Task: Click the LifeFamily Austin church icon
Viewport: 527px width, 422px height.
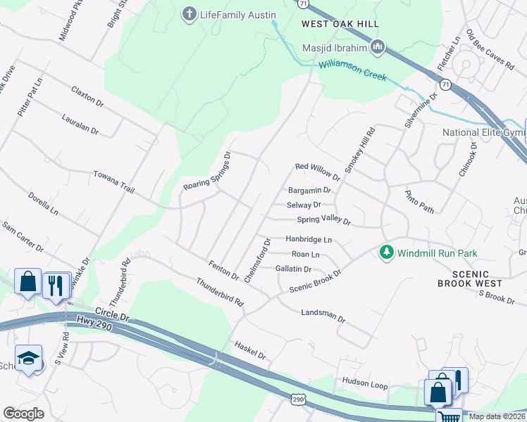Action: tap(188, 14)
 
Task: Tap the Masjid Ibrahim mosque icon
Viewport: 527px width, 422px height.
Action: tap(378, 47)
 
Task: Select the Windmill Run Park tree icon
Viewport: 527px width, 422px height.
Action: tap(386, 252)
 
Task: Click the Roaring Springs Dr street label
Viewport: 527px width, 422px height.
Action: tap(208, 173)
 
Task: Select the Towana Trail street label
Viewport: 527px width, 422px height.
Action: tap(113, 181)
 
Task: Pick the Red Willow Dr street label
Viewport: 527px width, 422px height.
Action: tap(317, 172)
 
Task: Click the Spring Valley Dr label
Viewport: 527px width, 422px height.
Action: tap(323, 220)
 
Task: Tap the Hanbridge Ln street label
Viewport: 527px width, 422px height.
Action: tap(309, 239)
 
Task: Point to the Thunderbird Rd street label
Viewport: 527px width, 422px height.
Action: tap(219, 293)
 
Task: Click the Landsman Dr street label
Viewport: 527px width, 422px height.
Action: tap(323, 315)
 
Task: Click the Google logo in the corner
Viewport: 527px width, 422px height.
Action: tap(23, 413)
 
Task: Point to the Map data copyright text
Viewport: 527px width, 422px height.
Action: tap(497, 416)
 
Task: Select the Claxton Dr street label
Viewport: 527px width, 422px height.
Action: tap(87, 97)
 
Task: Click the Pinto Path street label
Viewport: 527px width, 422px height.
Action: tap(419, 201)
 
